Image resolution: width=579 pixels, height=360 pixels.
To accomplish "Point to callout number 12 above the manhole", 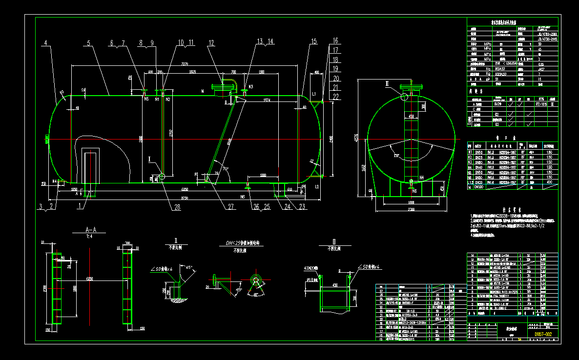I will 210,43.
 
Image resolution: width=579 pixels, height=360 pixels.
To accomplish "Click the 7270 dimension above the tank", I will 185,64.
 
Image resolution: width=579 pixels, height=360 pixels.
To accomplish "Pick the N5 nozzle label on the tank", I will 146,99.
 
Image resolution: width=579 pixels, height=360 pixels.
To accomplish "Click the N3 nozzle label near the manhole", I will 250,86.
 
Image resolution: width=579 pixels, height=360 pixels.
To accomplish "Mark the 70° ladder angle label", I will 226,169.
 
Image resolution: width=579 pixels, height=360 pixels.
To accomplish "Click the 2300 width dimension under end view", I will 411,209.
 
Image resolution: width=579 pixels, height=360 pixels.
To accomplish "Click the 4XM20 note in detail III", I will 310,268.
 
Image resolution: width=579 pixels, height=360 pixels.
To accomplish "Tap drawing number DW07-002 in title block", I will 542,334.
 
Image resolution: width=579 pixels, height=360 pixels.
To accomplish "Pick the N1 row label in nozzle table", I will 470,152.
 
